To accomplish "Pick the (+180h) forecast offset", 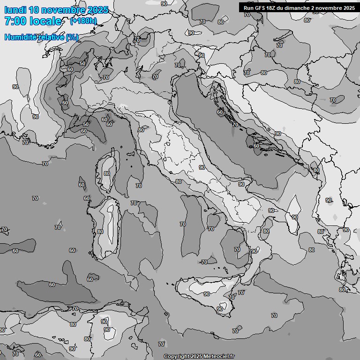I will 83,21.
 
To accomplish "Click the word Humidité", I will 19,37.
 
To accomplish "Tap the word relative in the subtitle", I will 49,37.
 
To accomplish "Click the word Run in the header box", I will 249,8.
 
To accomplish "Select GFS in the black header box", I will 261,8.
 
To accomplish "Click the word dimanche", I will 297,8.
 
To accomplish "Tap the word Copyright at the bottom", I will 176,356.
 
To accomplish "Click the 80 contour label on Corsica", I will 107,173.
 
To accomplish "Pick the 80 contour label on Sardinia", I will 100,232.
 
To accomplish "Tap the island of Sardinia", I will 107,225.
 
